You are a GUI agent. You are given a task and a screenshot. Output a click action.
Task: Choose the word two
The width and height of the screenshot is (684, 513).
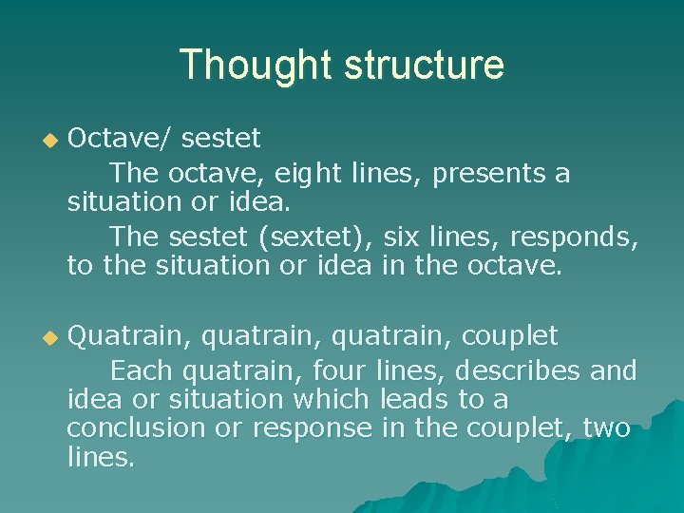pyautogui.click(x=606, y=428)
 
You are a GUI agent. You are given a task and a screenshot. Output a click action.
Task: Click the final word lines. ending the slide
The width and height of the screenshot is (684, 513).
pyautogui.click(x=101, y=458)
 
